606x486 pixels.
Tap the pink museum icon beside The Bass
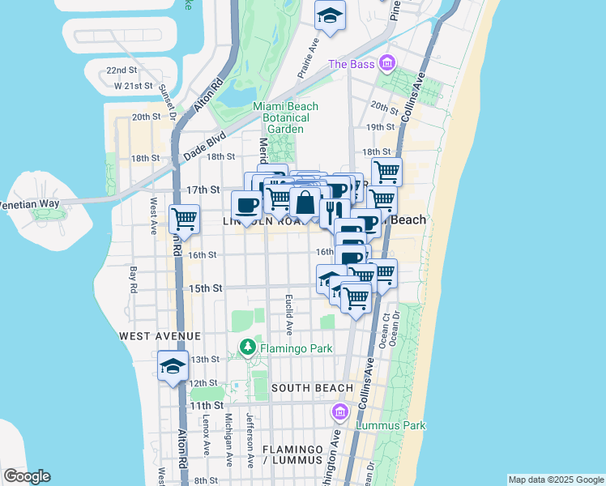[387, 63]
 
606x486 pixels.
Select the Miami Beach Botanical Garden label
[285, 117]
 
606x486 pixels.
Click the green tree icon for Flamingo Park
[248, 349]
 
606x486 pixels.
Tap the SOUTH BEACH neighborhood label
[312, 388]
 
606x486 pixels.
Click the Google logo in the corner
[27, 476]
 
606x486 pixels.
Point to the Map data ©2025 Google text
[555, 480]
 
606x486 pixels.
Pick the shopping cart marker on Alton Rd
[185, 218]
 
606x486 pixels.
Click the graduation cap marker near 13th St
[173, 365]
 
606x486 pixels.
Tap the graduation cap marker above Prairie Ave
[330, 17]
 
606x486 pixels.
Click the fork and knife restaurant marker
[333, 212]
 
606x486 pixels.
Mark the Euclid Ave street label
[288, 315]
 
